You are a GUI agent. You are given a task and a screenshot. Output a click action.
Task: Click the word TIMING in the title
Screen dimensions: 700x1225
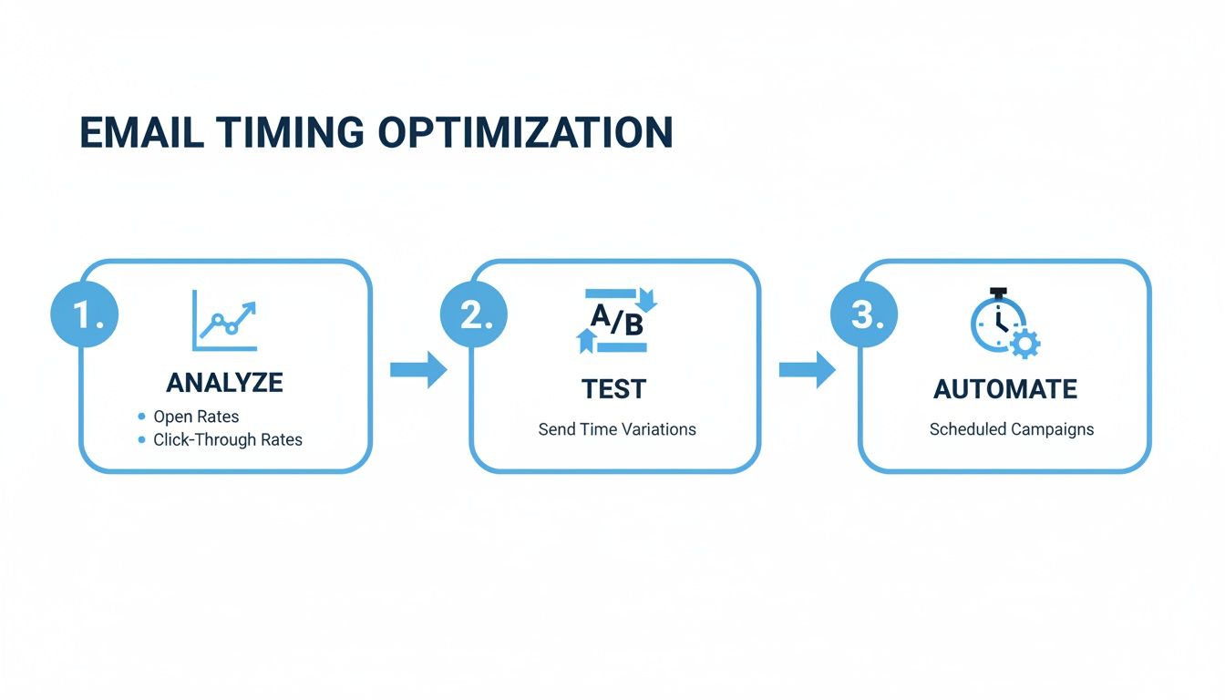(283, 133)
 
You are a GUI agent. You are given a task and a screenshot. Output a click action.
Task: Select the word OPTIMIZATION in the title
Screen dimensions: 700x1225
(525, 133)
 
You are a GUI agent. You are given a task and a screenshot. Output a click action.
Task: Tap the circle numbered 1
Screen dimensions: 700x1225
(84, 314)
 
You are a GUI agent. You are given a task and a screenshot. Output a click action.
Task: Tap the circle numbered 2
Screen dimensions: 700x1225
(474, 314)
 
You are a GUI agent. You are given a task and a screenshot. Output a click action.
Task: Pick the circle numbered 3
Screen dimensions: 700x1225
(863, 314)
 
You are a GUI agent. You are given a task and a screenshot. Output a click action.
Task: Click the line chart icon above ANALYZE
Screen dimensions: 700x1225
(224, 320)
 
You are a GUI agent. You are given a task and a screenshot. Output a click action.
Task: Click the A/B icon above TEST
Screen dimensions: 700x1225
(616, 320)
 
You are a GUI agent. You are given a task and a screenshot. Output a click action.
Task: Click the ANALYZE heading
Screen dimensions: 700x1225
(224, 383)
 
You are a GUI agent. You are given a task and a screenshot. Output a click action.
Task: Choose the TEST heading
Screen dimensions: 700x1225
(613, 389)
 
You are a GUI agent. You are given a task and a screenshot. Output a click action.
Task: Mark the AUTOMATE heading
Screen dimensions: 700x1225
(1005, 389)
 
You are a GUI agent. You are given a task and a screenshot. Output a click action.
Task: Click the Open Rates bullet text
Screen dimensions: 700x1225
(196, 417)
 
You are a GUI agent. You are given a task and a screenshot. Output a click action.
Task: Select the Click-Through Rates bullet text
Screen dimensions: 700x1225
(228, 439)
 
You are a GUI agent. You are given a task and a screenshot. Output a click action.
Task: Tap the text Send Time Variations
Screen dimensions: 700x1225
(617, 429)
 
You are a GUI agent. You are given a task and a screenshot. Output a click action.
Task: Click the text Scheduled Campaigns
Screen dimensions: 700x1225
(1012, 429)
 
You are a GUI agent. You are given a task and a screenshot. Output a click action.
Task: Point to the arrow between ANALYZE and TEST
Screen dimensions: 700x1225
(418, 370)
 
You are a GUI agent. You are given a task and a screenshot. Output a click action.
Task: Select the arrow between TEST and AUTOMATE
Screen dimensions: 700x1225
(808, 370)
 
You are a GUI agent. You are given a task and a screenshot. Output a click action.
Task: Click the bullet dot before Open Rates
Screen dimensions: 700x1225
(141, 417)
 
